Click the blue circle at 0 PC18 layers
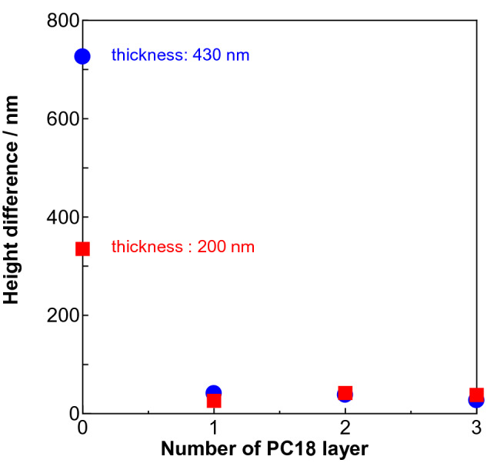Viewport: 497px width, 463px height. tap(82, 56)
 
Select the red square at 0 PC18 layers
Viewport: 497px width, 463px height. tap(82, 248)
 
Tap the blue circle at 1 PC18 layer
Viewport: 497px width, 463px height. tap(214, 392)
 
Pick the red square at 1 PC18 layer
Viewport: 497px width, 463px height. tap(214, 401)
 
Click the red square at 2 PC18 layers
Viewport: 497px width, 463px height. tap(345, 392)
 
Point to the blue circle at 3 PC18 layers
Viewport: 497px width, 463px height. tap(476, 400)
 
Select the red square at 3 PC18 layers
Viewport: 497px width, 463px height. tap(476, 395)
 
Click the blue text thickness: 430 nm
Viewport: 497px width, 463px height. tap(180, 55)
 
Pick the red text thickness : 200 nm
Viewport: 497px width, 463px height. tap(182, 248)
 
